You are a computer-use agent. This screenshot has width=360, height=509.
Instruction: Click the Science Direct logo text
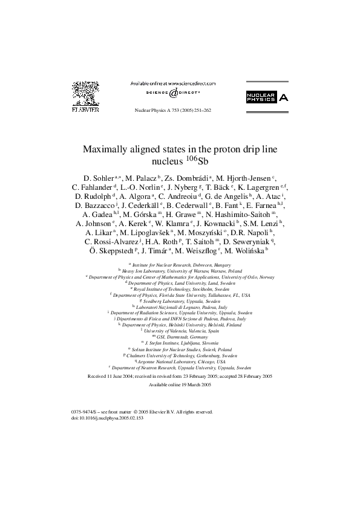(172, 94)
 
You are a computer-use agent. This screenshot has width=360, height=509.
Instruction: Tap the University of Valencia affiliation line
(180, 330)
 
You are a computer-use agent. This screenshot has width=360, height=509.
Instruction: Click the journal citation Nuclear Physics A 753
(172, 111)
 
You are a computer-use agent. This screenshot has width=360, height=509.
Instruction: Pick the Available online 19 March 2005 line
(180, 384)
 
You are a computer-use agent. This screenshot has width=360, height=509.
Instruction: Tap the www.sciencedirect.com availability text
(172, 83)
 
